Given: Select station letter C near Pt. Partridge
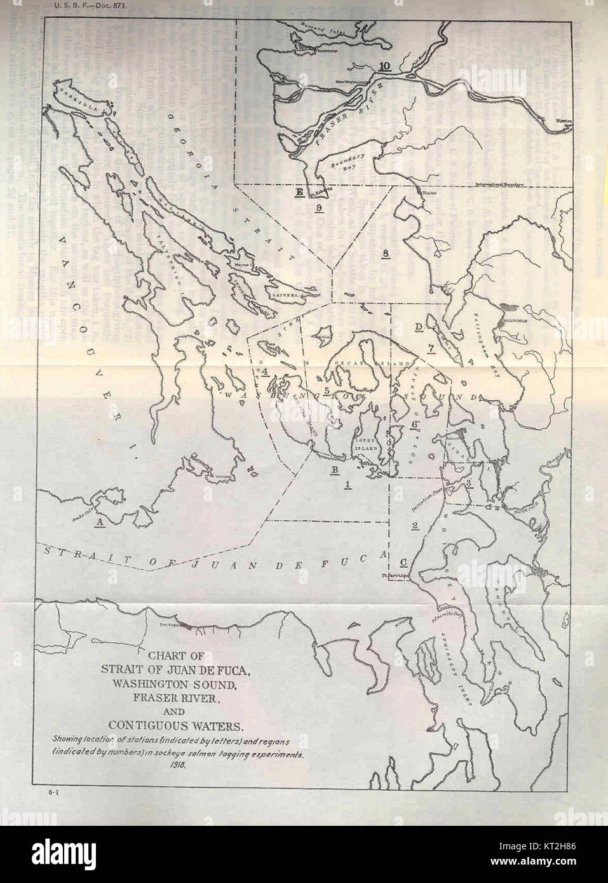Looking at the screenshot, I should [403, 562].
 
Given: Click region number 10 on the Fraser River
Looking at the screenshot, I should [384, 66].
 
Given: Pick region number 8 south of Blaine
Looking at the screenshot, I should [386, 254].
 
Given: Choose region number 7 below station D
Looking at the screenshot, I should [431, 347].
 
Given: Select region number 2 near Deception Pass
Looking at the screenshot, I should [414, 525].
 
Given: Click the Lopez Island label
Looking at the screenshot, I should [366, 443].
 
